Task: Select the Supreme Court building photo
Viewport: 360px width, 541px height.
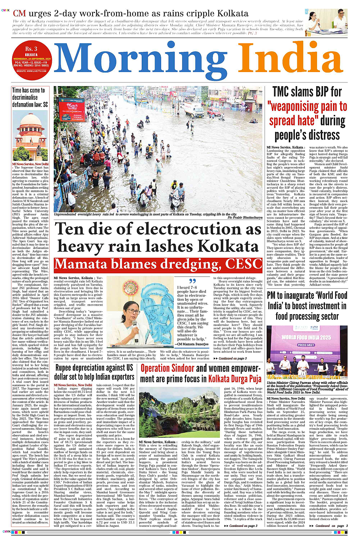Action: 30,135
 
